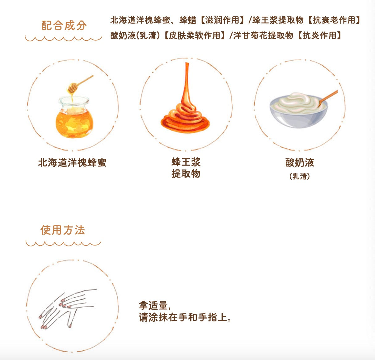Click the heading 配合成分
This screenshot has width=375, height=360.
[64, 26]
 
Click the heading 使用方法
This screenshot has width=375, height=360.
[63, 230]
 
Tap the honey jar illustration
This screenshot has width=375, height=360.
[74, 119]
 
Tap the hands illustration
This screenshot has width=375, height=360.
[68, 307]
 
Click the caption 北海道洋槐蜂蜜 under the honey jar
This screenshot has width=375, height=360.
[72, 163]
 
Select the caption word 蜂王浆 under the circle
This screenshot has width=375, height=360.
[186, 162]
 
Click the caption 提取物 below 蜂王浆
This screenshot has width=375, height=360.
[186, 174]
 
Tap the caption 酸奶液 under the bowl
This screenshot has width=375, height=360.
[300, 163]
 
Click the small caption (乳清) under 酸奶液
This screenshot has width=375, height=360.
[300, 176]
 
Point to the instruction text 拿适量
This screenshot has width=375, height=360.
[154, 306]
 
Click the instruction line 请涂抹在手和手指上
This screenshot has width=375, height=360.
[185, 317]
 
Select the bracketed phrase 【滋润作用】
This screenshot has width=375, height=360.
[222, 20]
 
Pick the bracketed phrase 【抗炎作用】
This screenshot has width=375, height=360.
[319, 36]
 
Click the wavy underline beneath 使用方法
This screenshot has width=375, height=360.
[63, 243]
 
